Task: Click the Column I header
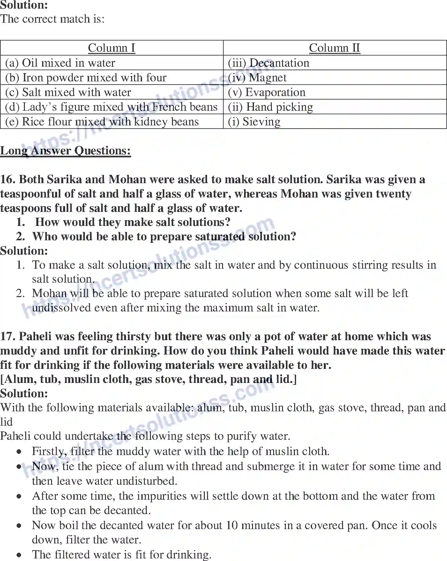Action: [111, 48]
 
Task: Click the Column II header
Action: [334, 48]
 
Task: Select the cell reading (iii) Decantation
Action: [269, 63]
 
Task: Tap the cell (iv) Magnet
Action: [257, 78]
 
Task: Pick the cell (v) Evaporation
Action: [267, 92]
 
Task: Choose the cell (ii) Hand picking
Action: [271, 107]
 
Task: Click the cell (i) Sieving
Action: [254, 122]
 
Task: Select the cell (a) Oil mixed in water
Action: [60, 63]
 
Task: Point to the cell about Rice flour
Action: [102, 122]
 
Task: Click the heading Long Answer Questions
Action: [65, 151]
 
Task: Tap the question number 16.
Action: [7, 179]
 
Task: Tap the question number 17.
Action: [7, 336]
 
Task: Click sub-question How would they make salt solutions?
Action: [133, 222]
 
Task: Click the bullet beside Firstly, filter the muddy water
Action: [20, 452]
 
